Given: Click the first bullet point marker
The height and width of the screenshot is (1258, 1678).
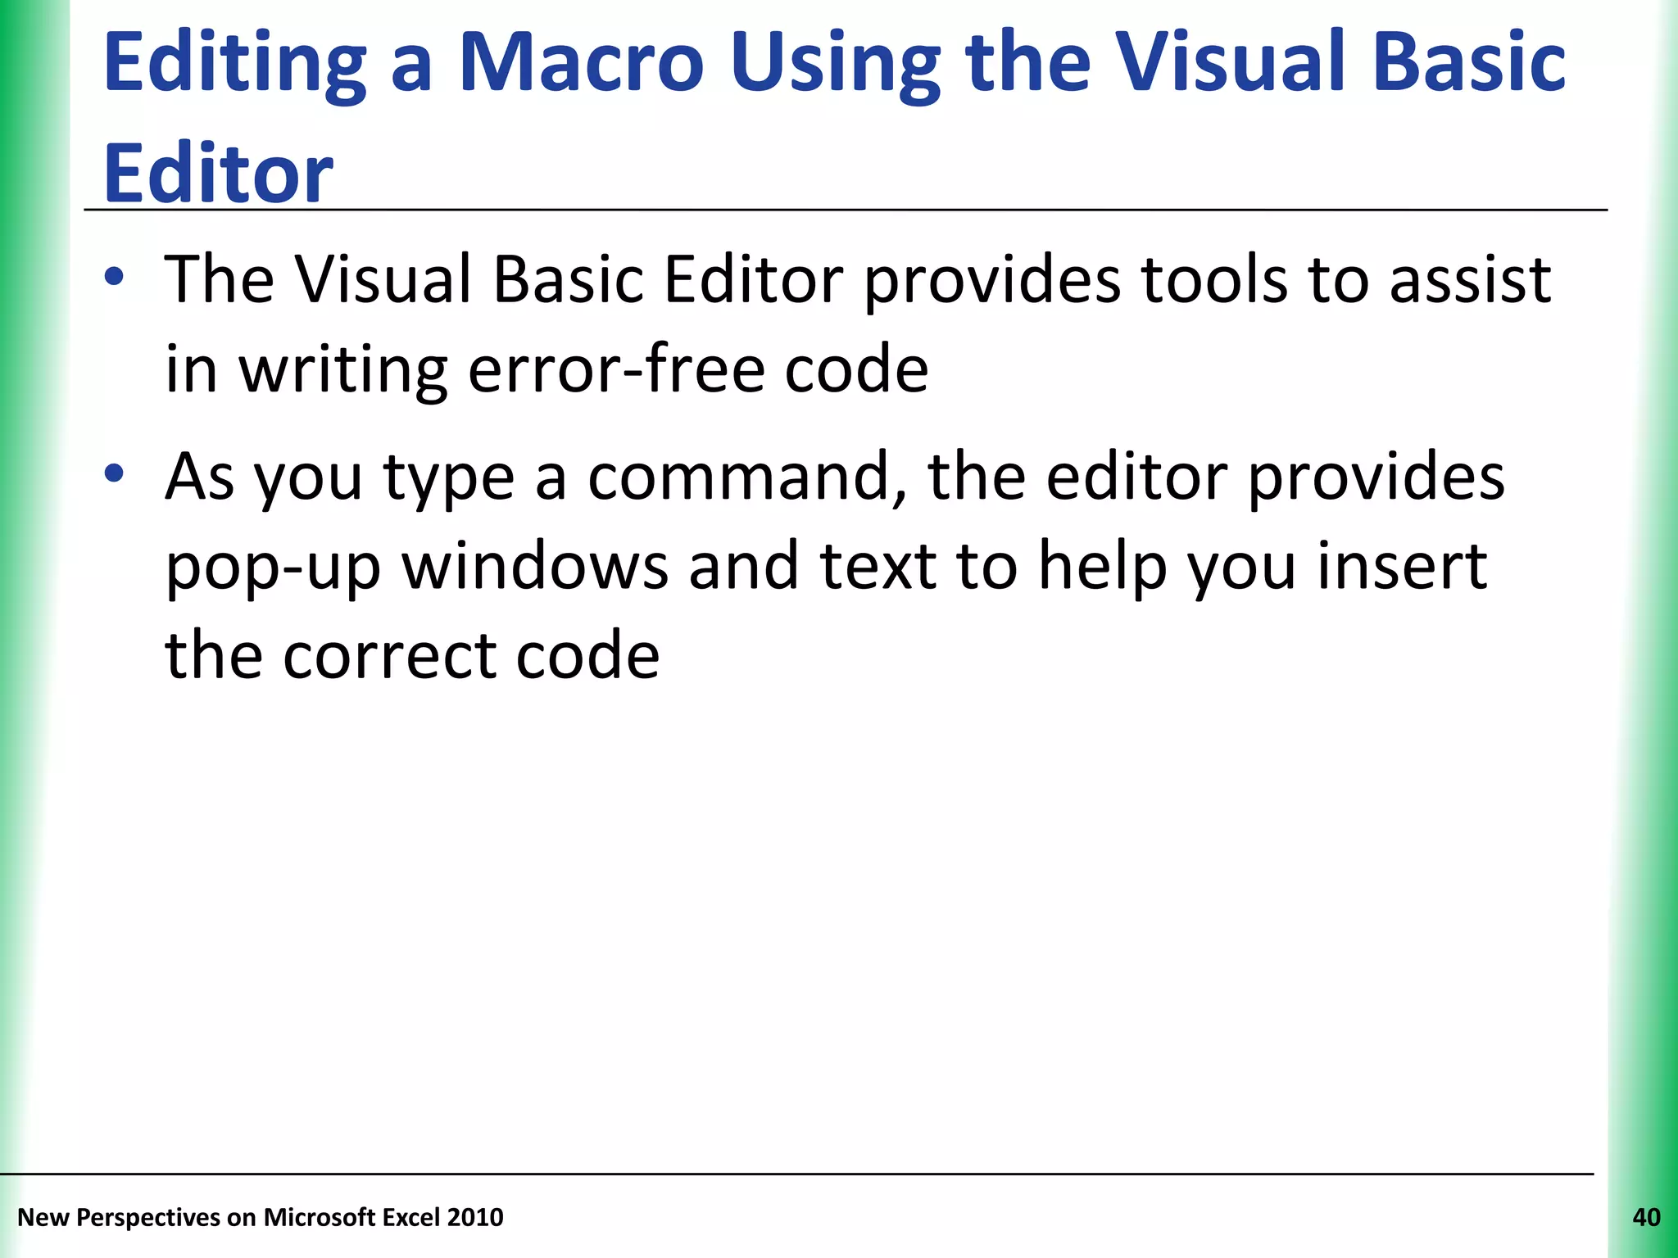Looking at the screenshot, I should click(115, 277).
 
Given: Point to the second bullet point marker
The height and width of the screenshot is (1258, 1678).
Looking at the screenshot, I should click(115, 473).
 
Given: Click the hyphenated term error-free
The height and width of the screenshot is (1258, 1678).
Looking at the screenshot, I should click(616, 369).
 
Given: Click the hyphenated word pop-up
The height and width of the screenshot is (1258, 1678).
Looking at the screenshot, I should click(273, 568).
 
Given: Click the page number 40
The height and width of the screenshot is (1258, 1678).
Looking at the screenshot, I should click(1646, 1217).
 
